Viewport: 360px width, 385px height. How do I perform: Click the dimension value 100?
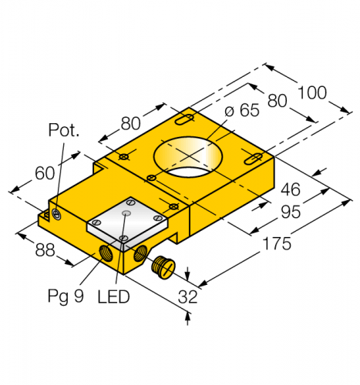(313, 92)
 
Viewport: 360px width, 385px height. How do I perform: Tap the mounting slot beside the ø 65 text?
(186, 119)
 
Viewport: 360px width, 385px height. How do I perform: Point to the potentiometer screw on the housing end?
(56, 216)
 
